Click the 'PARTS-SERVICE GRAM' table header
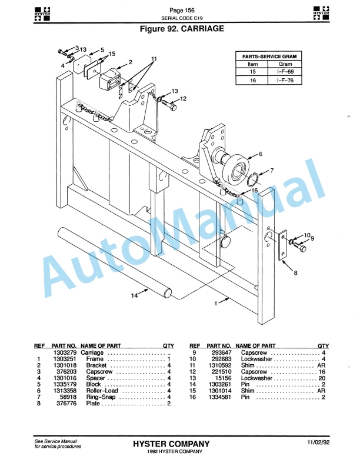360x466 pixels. [269, 56]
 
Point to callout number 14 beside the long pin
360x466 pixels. [135, 296]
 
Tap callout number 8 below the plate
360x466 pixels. [295, 272]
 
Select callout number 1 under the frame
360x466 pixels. [216, 304]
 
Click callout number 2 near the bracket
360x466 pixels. [131, 62]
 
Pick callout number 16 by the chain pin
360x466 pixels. [255, 190]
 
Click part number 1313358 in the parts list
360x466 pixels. [63, 391]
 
